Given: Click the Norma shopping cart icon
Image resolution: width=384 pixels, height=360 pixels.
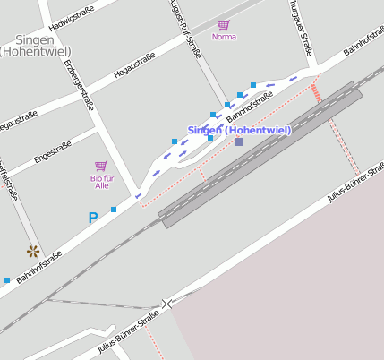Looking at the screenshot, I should (x=224, y=25).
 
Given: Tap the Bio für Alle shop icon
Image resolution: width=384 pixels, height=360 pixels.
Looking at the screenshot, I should (x=100, y=166).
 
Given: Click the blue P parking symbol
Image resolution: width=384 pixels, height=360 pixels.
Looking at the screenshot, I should (x=92, y=218).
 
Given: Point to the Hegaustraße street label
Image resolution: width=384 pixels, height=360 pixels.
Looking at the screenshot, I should (x=135, y=65).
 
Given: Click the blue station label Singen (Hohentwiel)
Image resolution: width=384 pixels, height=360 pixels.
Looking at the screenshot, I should (x=240, y=130).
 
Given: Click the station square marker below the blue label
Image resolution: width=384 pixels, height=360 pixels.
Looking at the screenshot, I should (x=239, y=141).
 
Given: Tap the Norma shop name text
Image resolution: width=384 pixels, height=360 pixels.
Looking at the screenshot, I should (x=224, y=37).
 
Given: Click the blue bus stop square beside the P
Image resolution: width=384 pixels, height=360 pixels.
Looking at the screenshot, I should (x=114, y=210).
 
